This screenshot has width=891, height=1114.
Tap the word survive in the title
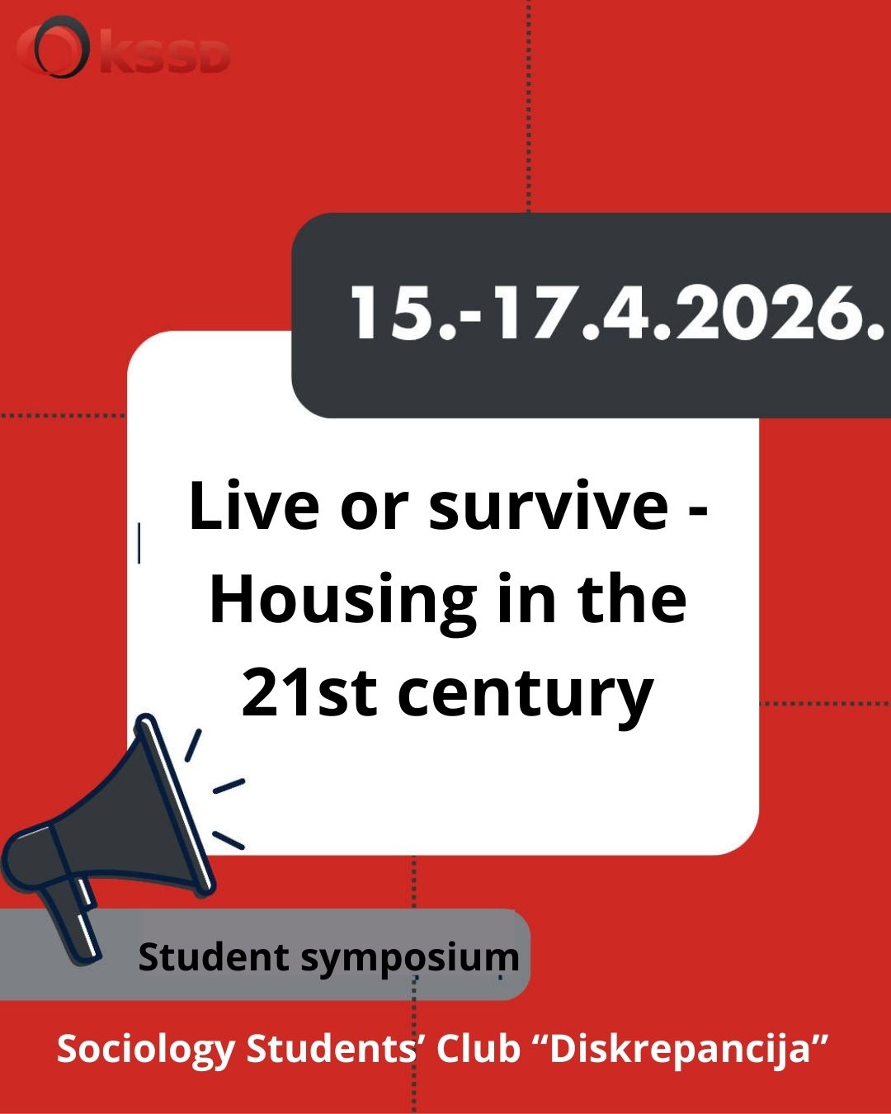549,510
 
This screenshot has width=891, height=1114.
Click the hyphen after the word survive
699,512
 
